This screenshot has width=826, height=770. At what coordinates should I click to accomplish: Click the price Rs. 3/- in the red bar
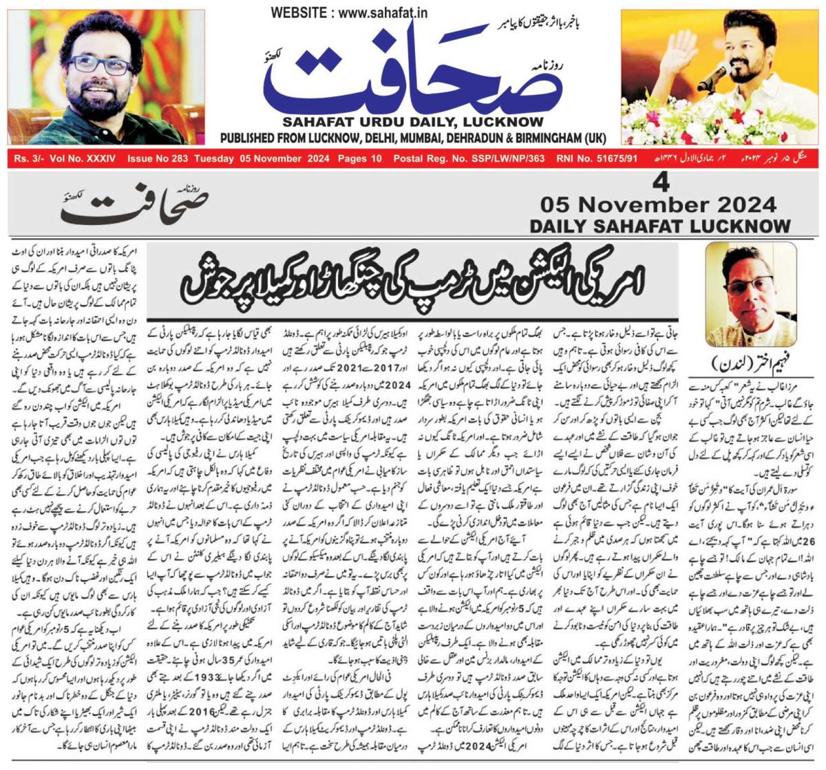[26, 159]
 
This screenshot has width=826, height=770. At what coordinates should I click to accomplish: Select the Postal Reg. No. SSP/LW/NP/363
[469, 159]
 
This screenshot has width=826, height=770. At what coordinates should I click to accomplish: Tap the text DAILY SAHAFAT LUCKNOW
[659, 226]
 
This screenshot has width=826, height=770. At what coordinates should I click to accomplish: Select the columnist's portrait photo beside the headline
[750, 294]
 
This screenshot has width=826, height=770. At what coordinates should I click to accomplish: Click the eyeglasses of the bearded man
[102, 64]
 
